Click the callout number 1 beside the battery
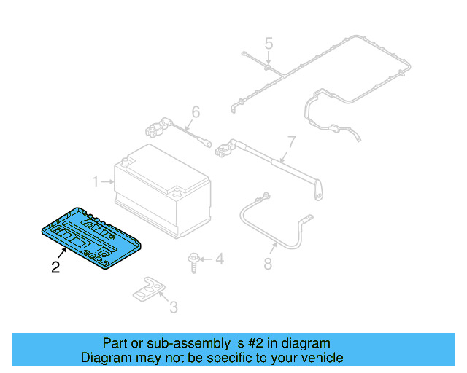pos(95,181)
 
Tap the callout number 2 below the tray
pos(55,267)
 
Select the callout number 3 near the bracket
pos(173,307)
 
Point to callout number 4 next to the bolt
pos(219,259)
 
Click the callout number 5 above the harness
pos(269,44)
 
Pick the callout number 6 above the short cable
pos(196,112)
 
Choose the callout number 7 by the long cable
pos(290,142)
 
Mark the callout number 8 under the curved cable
pos(268,263)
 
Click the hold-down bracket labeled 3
pos(150,289)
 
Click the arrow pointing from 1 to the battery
pos(107,181)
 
